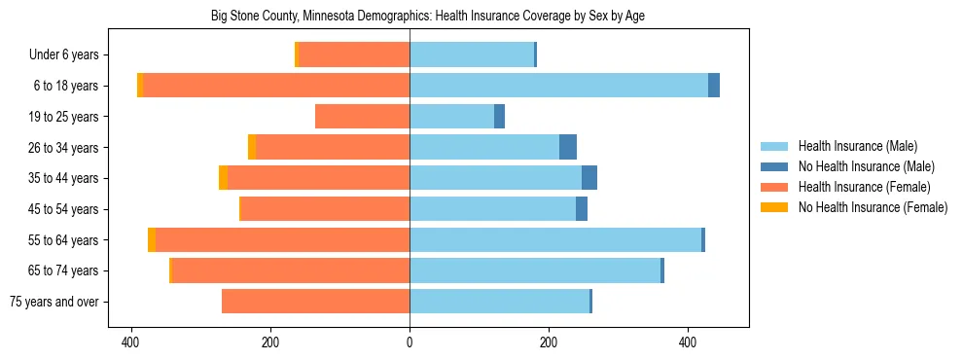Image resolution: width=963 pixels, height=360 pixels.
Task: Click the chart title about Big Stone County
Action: coord(428,17)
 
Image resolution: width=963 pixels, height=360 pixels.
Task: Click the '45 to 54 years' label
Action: coord(69,209)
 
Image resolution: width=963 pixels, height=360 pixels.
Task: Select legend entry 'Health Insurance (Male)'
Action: coord(857,146)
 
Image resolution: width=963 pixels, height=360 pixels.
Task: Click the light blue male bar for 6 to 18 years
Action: coord(558,86)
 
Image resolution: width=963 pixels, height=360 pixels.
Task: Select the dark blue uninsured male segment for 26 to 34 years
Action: coord(568,147)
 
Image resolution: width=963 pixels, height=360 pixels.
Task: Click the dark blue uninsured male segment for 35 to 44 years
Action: coord(589,178)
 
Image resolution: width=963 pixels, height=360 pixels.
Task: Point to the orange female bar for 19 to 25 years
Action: coord(362,117)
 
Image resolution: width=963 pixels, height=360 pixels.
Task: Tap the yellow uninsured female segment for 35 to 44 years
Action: coord(223,178)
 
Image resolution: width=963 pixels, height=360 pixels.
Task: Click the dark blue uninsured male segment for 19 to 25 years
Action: coord(499,117)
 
